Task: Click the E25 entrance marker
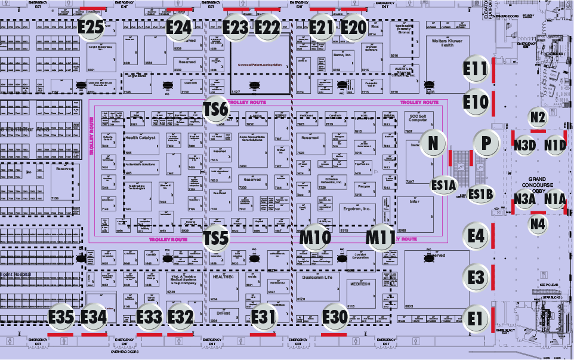click(91, 27)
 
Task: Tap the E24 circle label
click(178, 27)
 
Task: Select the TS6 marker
click(215, 108)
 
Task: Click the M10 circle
click(315, 238)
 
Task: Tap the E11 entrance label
click(476, 70)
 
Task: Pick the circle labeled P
click(486, 143)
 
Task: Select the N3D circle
click(524, 145)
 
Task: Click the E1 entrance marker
click(475, 319)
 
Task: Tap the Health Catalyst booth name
click(140, 137)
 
